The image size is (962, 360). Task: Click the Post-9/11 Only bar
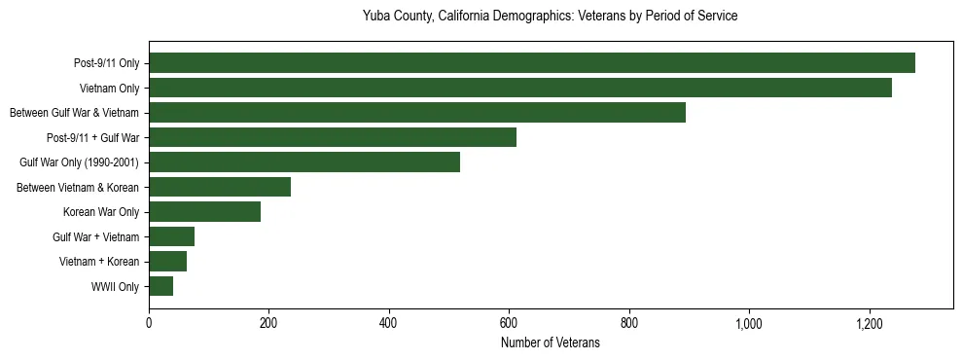coord(532,63)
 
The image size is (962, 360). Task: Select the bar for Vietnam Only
coord(520,88)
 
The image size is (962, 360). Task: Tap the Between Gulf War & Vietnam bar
coord(417,113)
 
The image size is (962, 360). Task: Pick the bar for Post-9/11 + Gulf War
coord(333,137)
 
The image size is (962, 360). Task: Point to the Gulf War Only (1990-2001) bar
coord(304,162)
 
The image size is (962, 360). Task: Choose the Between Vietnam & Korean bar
coord(220,187)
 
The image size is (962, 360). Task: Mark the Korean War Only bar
coord(204,212)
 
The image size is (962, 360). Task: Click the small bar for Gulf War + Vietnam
coord(172,236)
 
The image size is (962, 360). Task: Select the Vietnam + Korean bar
coord(168,262)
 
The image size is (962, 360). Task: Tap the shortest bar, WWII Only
coord(161,286)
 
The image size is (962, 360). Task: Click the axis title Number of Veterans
coord(551,342)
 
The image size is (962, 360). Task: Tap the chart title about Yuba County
coord(551,17)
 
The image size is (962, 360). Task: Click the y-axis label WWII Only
coord(115,287)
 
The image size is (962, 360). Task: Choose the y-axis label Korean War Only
coord(101,212)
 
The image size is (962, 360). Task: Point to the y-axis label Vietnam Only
coord(109,89)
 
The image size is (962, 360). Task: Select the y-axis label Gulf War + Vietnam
coord(96,237)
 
